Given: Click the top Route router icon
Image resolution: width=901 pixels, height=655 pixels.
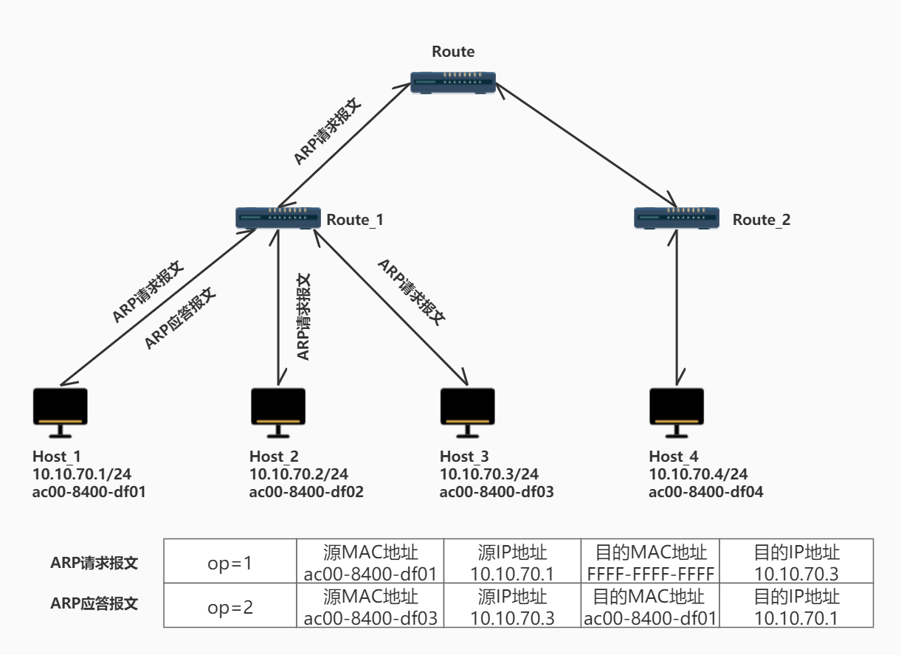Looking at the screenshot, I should click(x=453, y=82).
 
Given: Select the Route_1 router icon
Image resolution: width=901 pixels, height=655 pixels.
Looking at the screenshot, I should click(x=277, y=218).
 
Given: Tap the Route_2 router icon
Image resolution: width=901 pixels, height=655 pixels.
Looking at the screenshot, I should click(x=677, y=218).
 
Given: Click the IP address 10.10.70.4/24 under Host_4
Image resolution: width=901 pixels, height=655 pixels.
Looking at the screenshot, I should click(x=698, y=474).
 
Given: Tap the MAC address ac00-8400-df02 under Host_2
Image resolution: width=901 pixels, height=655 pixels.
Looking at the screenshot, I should click(x=306, y=491).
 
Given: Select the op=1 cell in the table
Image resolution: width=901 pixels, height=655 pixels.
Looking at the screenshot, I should click(x=229, y=564).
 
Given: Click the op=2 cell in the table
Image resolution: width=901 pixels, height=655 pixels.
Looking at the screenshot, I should click(x=229, y=607).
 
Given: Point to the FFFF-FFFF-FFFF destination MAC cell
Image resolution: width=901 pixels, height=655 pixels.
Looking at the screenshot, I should click(x=649, y=573).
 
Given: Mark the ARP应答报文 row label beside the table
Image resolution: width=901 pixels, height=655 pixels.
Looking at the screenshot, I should click(x=94, y=603).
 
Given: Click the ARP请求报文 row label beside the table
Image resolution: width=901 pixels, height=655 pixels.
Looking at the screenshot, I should click(x=94, y=563).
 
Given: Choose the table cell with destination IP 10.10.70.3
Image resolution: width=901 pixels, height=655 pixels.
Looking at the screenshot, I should click(x=797, y=564).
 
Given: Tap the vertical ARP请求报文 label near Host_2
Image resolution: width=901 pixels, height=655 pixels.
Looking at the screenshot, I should click(x=303, y=316).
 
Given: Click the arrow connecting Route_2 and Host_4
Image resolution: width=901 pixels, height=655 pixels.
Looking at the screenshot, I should click(x=677, y=310).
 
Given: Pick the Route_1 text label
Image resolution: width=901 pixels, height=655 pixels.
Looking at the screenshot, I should click(x=355, y=220).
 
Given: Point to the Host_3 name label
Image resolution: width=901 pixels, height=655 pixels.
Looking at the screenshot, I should click(x=464, y=457).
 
